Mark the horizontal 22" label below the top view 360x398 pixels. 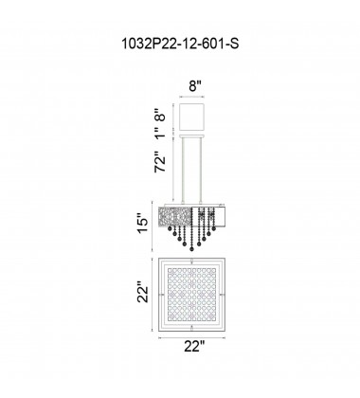195,372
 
